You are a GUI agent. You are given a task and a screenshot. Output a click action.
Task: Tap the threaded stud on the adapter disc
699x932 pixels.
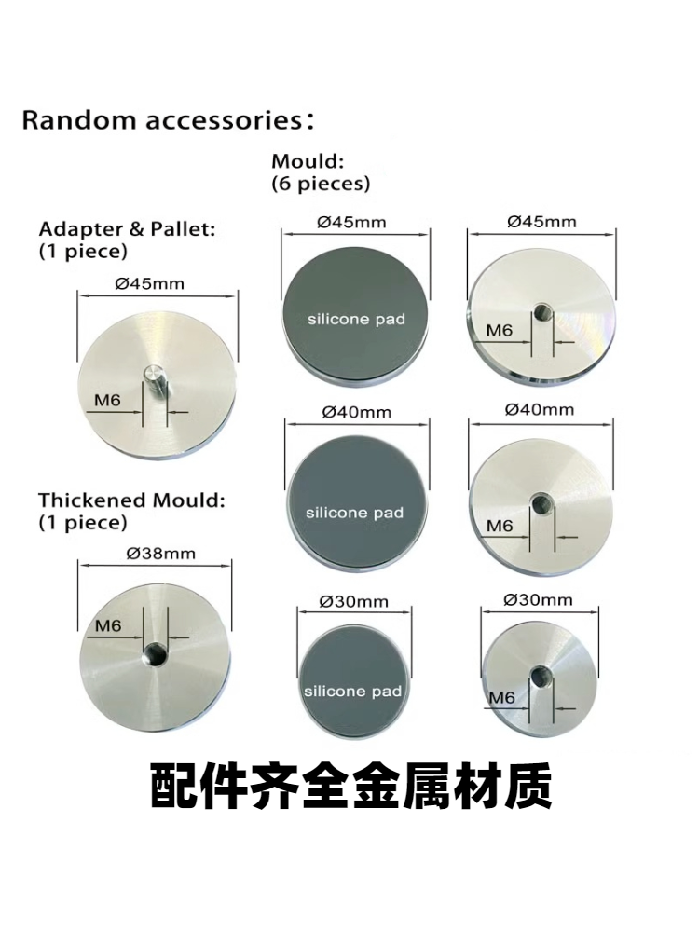point(154,381)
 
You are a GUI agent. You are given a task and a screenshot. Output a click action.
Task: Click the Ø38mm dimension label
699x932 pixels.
point(160,554)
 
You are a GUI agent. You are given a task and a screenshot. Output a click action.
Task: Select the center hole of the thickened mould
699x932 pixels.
point(157,654)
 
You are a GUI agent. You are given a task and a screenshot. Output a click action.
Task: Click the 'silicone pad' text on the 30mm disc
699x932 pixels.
point(352,692)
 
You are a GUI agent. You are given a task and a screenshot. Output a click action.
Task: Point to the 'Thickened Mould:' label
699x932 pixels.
point(132,500)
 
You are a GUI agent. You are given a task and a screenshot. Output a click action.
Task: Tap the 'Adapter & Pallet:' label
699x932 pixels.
point(127,229)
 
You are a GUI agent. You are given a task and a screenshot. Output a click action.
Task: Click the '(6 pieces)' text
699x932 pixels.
point(321,184)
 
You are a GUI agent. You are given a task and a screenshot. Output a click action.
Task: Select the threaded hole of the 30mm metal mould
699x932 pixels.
point(541,675)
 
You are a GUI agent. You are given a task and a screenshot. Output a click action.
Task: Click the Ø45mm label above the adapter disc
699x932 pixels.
point(150,284)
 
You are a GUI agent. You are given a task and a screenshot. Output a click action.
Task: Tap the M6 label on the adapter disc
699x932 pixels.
point(107,401)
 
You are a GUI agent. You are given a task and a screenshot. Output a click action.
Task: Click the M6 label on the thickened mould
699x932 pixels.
point(108,626)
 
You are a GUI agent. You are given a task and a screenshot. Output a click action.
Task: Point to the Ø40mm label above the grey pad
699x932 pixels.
point(357,413)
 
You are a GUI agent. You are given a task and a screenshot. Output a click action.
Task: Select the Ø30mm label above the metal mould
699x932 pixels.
point(538,600)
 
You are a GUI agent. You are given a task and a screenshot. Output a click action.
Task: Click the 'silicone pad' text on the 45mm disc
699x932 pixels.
point(356,319)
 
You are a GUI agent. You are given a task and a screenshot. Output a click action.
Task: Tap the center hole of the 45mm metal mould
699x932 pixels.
point(541,312)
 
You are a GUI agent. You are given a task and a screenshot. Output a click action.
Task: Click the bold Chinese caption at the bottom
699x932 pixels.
point(350,787)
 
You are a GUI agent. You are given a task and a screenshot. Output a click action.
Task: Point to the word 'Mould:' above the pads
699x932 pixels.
point(308,161)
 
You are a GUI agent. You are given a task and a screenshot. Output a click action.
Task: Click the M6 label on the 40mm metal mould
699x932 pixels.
point(500,526)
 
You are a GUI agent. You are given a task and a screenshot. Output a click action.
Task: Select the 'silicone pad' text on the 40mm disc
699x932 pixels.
point(354,513)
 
